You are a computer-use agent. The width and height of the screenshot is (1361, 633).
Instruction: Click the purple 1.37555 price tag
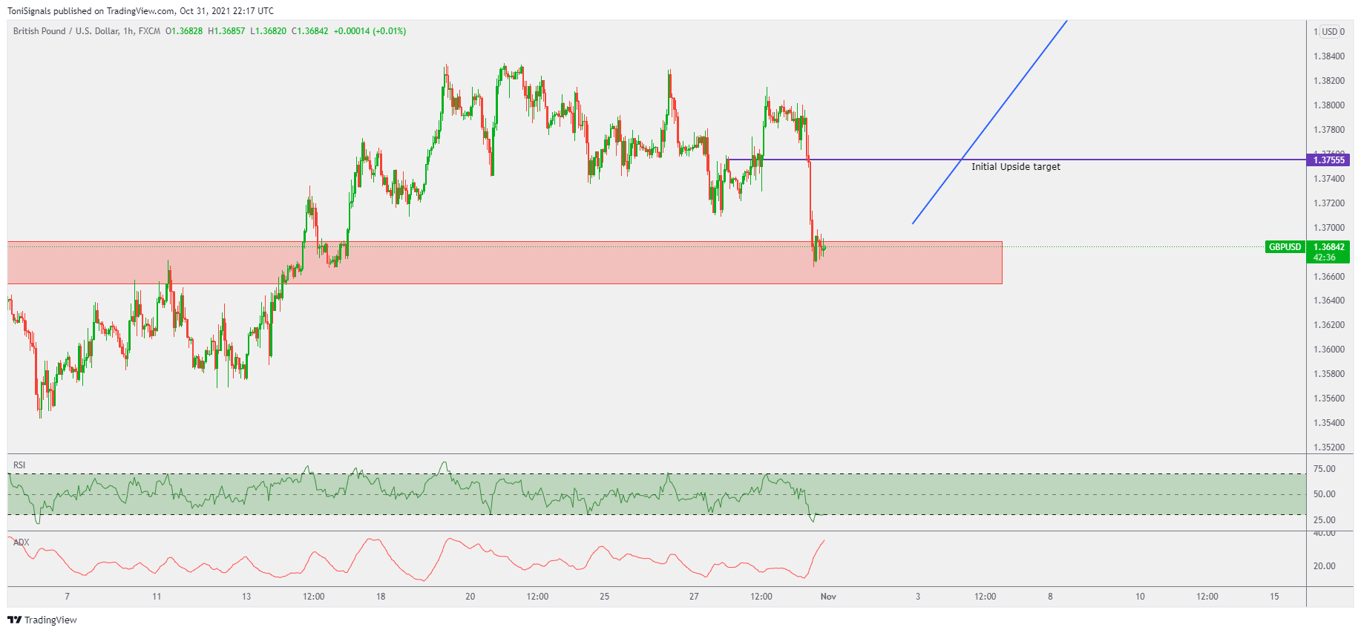(x=1328, y=160)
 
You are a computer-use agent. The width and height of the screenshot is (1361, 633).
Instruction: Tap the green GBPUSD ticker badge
(x=1285, y=247)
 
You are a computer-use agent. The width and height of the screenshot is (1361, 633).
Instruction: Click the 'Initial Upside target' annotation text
(x=1015, y=167)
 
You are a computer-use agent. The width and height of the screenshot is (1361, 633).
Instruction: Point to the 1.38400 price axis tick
(x=1328, y=56)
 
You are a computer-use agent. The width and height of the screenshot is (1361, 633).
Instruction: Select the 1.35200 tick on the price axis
(x=1328, y=447)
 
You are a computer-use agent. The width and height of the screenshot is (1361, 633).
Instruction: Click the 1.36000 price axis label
(x=1328, y=350)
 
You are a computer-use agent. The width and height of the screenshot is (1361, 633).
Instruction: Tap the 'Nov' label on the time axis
(x=828, y=597)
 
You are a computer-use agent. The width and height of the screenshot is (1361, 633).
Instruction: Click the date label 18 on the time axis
(x=381, y=597)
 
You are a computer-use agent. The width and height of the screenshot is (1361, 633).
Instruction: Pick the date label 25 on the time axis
(x=605, y=597)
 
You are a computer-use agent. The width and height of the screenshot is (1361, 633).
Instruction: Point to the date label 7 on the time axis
(x=68, y=597)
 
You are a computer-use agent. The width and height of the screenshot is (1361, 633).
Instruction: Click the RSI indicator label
(x=19, y=465)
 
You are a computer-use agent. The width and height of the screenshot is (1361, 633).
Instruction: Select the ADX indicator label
(x=22, y=542)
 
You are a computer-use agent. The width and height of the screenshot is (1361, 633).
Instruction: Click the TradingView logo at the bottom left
(x=42, y=620)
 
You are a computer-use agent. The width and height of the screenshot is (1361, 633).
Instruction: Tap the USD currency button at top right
(x=1330, y=32)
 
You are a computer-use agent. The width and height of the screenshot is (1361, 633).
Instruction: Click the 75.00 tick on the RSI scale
(x=1324, y=469)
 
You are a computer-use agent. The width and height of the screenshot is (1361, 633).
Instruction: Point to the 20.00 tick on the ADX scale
(x=1324, y=566)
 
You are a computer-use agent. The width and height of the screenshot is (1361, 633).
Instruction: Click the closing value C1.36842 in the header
(x=309, y=31)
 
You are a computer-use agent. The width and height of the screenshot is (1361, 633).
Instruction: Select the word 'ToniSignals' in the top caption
(x=29, y=11)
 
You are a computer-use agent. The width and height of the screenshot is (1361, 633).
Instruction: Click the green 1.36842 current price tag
(x=1328, y=247)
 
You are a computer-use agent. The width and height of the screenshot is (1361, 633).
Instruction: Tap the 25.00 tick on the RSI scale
(x=1324, y=520)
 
